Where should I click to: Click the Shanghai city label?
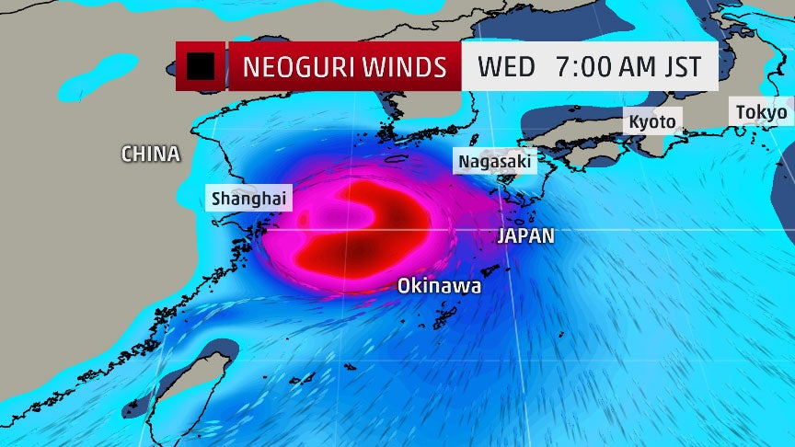[x=249, y=197]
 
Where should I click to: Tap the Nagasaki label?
[x=495, y=161]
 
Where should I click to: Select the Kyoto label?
[x=651, y=121]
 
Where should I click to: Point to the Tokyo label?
[x=761, y=113]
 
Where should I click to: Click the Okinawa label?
[x=439, y=286]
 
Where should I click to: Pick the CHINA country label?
[x=151, y=155]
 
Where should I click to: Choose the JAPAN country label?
[x=526, y=235]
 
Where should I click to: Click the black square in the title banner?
[x=201, y=66]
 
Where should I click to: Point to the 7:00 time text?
[x=582, y=67]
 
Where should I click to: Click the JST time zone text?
[x=679, y=67]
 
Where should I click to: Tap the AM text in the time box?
[x=635, y=67]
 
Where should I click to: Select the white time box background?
[x=589, y=85]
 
